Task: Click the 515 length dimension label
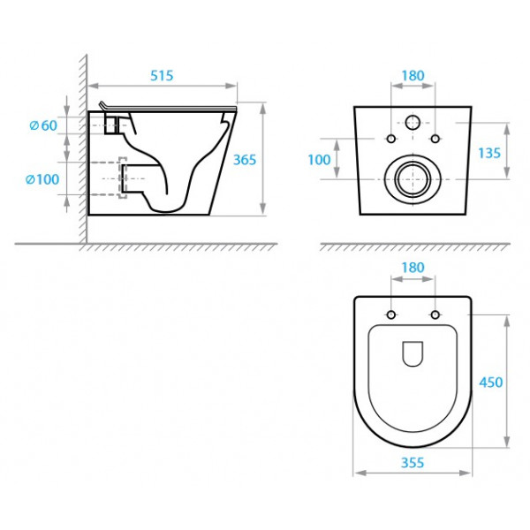pyautogui.click(x=162, y=76)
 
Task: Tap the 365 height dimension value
pyautogui.click(x=245, y=160)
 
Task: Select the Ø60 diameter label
pyautogui.click(x=43, y=125)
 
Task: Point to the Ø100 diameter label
pyautogui.click(x=42, y=179)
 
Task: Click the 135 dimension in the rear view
pyautogui.click(x=489, y=153)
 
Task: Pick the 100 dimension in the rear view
pyautogui.click(x=319, y=160)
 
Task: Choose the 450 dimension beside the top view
pyautogui.click(x=491, y=382)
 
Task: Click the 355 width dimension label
pyautogui.click(x=413, y=463)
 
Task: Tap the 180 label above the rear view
pyautogui.click(x=413, y=76)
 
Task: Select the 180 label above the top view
pyautogui.click(x=413, y=268)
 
